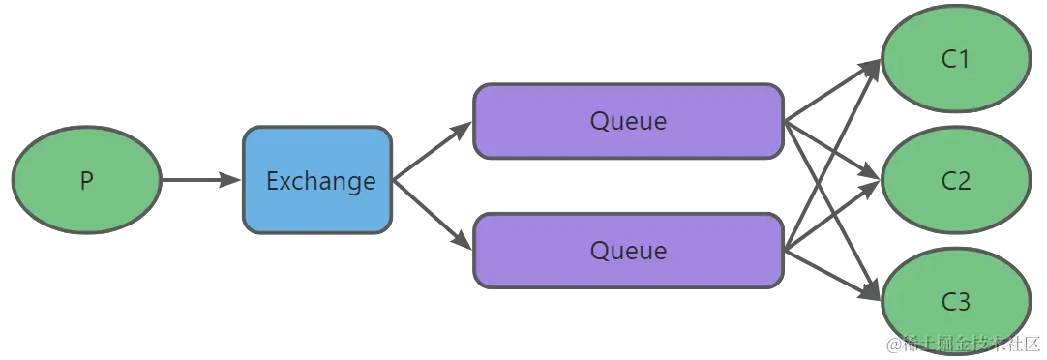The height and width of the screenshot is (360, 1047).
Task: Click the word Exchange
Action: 320,181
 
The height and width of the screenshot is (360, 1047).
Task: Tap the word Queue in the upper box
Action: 628,121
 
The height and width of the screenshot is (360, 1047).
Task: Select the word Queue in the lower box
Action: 628,251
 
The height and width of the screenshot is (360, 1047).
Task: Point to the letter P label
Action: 86,181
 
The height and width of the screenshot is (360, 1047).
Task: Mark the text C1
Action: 955,60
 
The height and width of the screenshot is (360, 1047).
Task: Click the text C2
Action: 955,181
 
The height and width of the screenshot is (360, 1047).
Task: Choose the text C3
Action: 955,302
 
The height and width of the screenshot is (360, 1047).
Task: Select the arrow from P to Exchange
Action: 194,181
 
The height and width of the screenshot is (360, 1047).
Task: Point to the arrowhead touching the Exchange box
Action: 228,181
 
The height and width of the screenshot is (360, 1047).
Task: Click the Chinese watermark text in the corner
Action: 964,344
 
